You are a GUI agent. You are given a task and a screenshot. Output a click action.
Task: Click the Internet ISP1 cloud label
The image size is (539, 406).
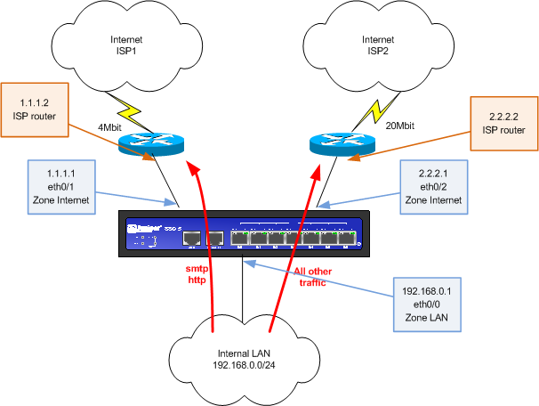click(125, 46)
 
